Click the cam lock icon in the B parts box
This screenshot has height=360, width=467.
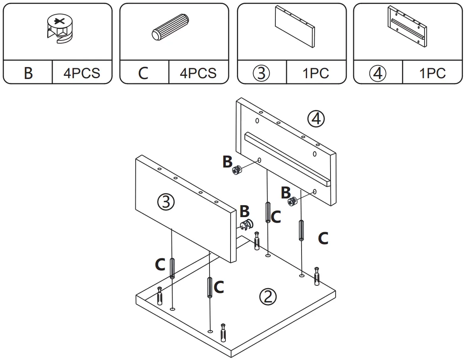tap(58, 30)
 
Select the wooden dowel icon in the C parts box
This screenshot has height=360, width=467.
tap(171, 29)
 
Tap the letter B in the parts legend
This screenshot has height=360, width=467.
tap(28, 73)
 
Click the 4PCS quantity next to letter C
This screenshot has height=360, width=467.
tap(198, 73)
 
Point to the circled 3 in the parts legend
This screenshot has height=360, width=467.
tap(261, 73)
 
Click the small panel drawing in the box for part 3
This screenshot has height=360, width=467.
tap(294, 27)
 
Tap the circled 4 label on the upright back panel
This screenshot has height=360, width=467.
tap(316, 118)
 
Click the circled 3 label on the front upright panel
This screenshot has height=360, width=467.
tap(166, 203)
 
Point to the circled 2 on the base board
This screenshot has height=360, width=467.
tap(268, 296)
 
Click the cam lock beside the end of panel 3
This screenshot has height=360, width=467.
tap(246, 225)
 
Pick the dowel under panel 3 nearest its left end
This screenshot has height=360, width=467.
tap(173, 268)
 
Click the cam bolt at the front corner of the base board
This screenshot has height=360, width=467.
tap(223, 332)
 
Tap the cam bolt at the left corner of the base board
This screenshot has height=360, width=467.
tap(160, 295)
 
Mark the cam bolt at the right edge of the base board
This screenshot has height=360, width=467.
tap(317, 276)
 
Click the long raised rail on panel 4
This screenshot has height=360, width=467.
tap(287, 158)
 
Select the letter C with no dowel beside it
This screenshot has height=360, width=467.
tap(323, 239)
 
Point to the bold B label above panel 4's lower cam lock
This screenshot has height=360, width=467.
tap(286, 193)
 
